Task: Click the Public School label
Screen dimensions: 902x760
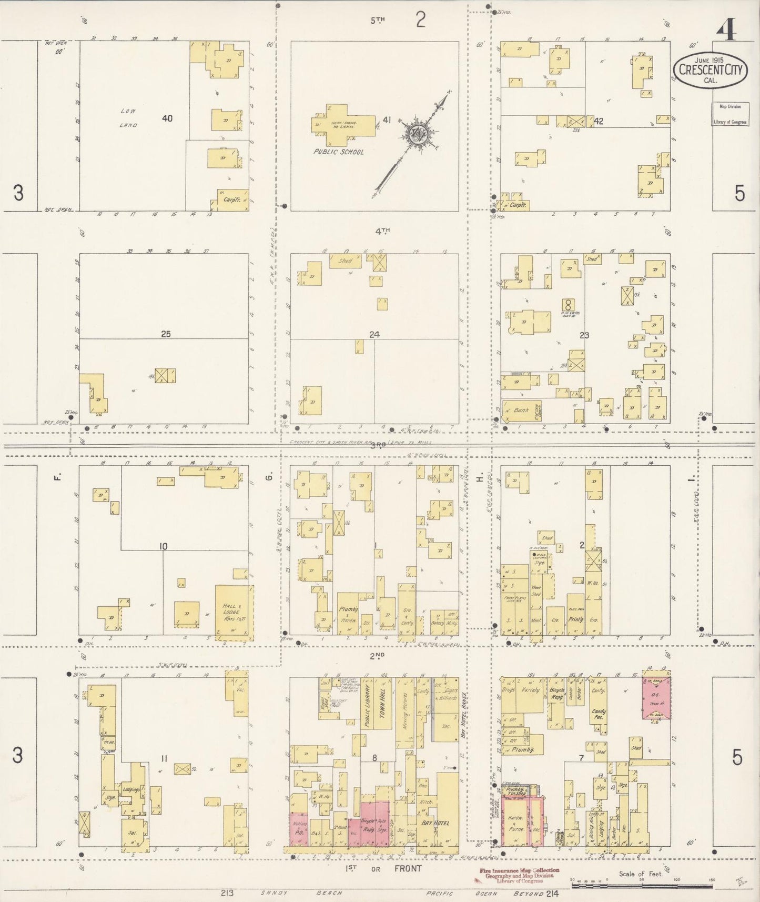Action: tap(338, 152)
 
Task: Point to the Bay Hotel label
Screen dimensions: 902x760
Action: tap(435, 823)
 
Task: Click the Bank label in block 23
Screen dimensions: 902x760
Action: tap(521, 410)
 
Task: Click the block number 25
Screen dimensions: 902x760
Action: tap(166, 334)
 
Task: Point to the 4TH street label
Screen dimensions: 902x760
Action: tap(382, 230)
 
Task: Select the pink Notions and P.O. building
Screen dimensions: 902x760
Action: tap(299, 829)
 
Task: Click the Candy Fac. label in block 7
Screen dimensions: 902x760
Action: tap(599, 714)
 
